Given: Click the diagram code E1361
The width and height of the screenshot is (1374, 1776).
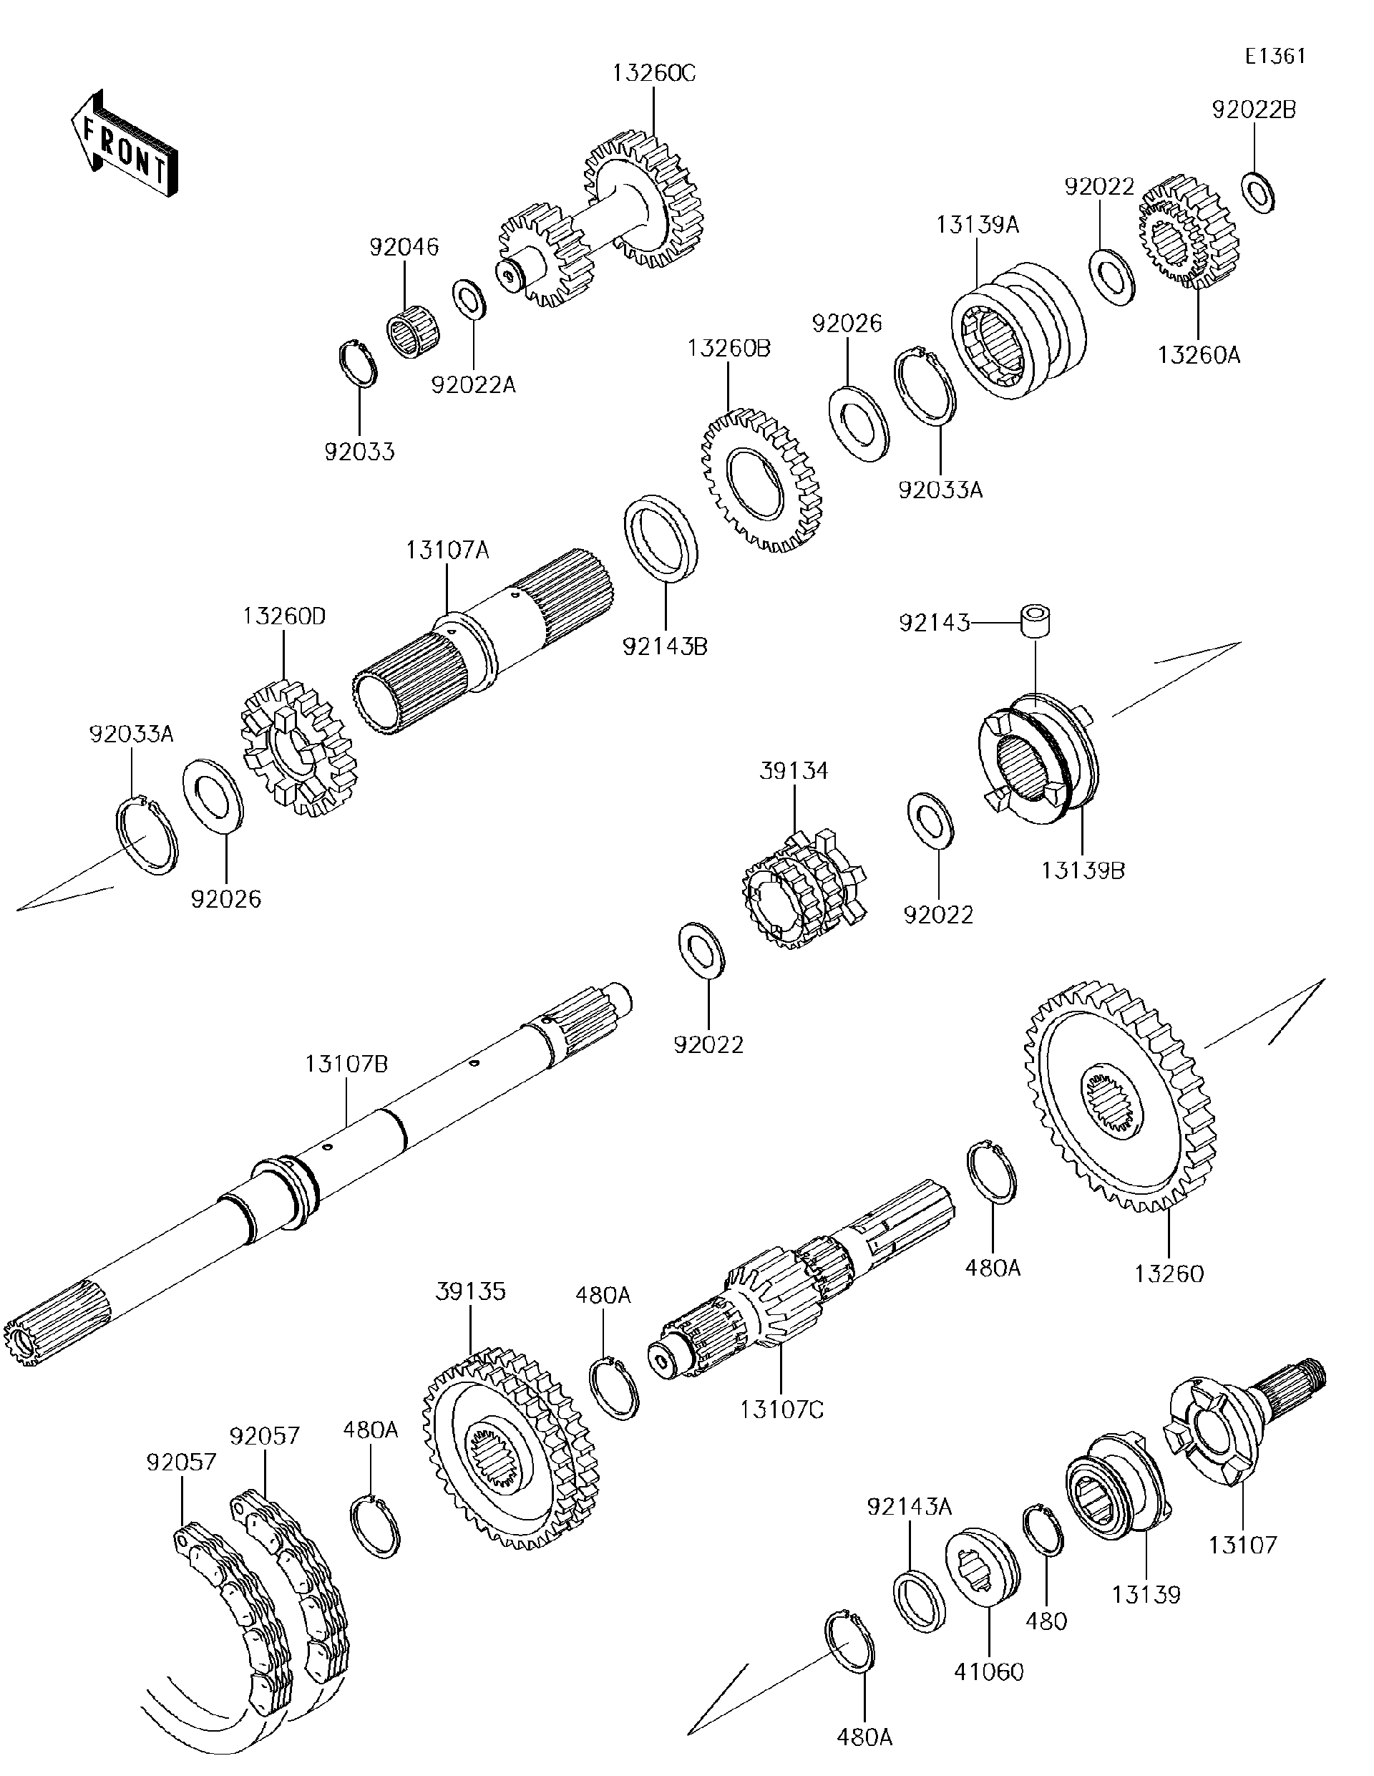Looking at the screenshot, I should point(1275,56).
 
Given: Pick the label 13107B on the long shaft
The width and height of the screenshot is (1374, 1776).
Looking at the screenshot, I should point(346,1063).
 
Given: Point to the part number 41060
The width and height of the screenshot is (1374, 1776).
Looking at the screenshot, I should point(988,1671).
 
